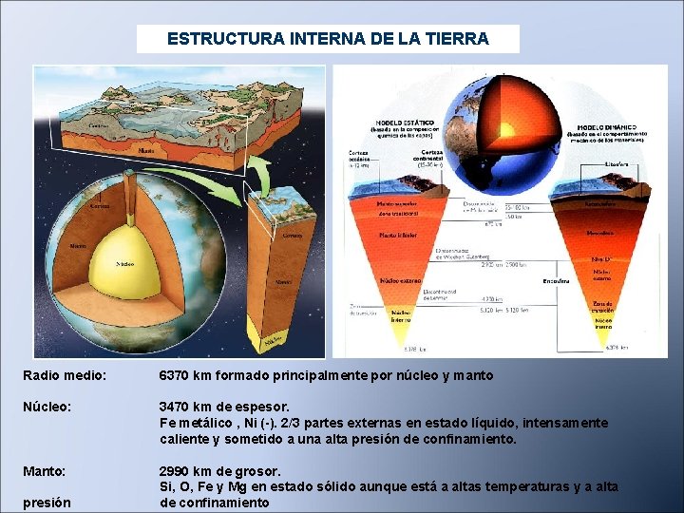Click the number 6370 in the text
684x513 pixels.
click(x=176, y=376)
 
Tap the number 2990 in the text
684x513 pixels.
click(x=176, y=471)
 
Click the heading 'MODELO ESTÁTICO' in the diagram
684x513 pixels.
click(x=406, y=123)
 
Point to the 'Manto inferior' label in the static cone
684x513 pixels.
click(x=398, y=235)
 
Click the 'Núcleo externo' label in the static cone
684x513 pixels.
click(x=400, y=282)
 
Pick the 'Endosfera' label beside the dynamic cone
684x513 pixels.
click(x=556, y=281)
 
